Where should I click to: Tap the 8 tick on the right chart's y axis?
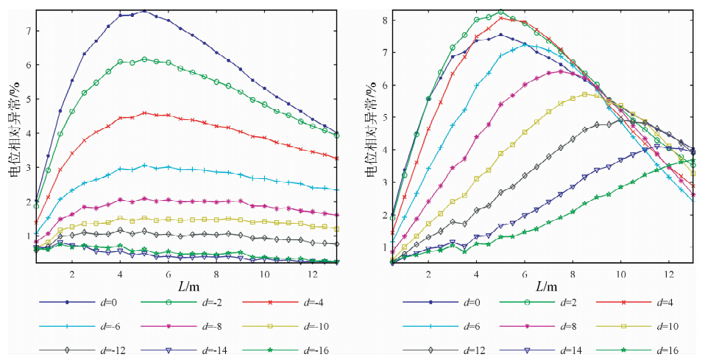[x=383, y=20]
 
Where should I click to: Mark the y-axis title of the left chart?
[x=14, y=137]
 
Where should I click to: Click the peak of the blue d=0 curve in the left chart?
[x=144, y=11]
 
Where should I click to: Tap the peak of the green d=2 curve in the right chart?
[x=501, y=12]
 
